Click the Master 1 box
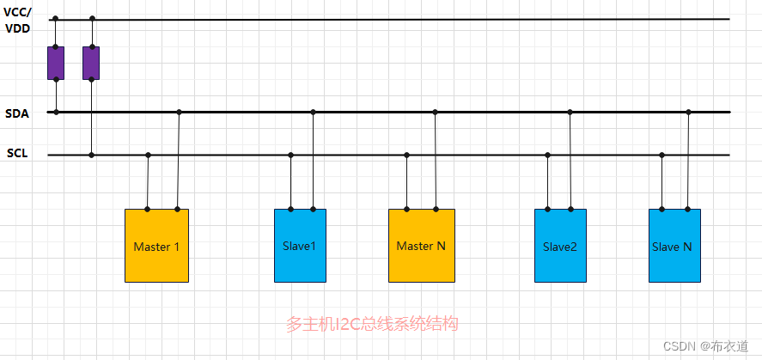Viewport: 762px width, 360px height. point(156,246)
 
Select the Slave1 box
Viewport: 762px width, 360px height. point(300,246)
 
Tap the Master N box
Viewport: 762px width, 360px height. point(421,246)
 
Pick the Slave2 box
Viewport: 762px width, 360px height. point(560,246)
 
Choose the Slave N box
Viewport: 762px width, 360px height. point(674,246)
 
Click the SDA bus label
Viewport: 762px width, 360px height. point(16,113)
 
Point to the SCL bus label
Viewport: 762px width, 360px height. point(16,155)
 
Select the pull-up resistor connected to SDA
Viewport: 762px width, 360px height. point(56,64)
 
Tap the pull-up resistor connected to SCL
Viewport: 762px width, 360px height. point(91,64)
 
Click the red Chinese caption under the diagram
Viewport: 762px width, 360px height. point(372,324)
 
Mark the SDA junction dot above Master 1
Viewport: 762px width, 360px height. point(179,112)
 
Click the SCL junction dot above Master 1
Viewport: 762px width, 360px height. point(148,155)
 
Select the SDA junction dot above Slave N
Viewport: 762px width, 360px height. point(688,112)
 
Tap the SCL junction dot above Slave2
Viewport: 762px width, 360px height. point(547,155)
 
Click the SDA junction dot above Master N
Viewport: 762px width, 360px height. point(436,112)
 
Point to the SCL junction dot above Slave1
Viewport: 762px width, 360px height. point(290,155)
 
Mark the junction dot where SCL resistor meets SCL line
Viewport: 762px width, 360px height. point(92,155)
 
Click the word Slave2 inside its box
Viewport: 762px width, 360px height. point(560,247)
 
